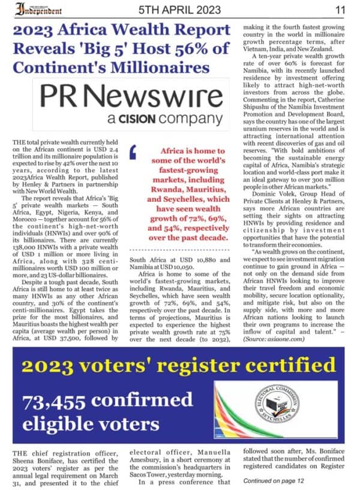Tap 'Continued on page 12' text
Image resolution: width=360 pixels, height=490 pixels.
275,481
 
